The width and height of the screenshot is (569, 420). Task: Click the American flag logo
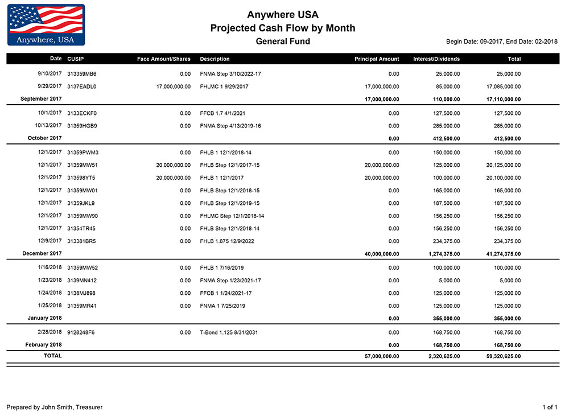(46, 24)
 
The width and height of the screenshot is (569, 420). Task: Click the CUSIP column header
(76, 59)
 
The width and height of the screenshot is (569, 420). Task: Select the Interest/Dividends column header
(436, 59)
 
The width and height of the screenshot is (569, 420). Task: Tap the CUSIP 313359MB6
(82, 74)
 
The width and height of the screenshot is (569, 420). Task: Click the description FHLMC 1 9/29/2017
(224, 87)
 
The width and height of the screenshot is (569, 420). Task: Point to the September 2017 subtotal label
(41, 98)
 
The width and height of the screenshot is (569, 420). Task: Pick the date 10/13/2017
(48, 125)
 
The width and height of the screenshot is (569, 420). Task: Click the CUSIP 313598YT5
(81, 178)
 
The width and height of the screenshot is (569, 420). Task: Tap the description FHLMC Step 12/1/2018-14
(232, 216)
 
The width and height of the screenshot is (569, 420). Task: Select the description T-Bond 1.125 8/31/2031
(229, 332)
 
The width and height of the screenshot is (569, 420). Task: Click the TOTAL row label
(53, 356)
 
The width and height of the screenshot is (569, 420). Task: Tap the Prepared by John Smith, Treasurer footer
(55, 407)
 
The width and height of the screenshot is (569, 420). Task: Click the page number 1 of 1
(550, 407)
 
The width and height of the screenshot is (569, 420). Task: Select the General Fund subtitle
(283, 42)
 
